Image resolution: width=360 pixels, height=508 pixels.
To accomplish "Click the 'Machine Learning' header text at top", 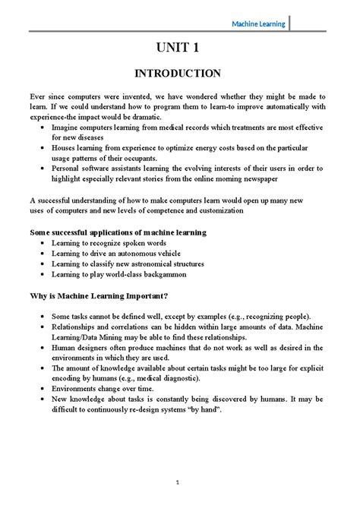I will click(x=258, y=24).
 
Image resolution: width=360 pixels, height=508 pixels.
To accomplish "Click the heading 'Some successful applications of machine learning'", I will click(x=118, y=231).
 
